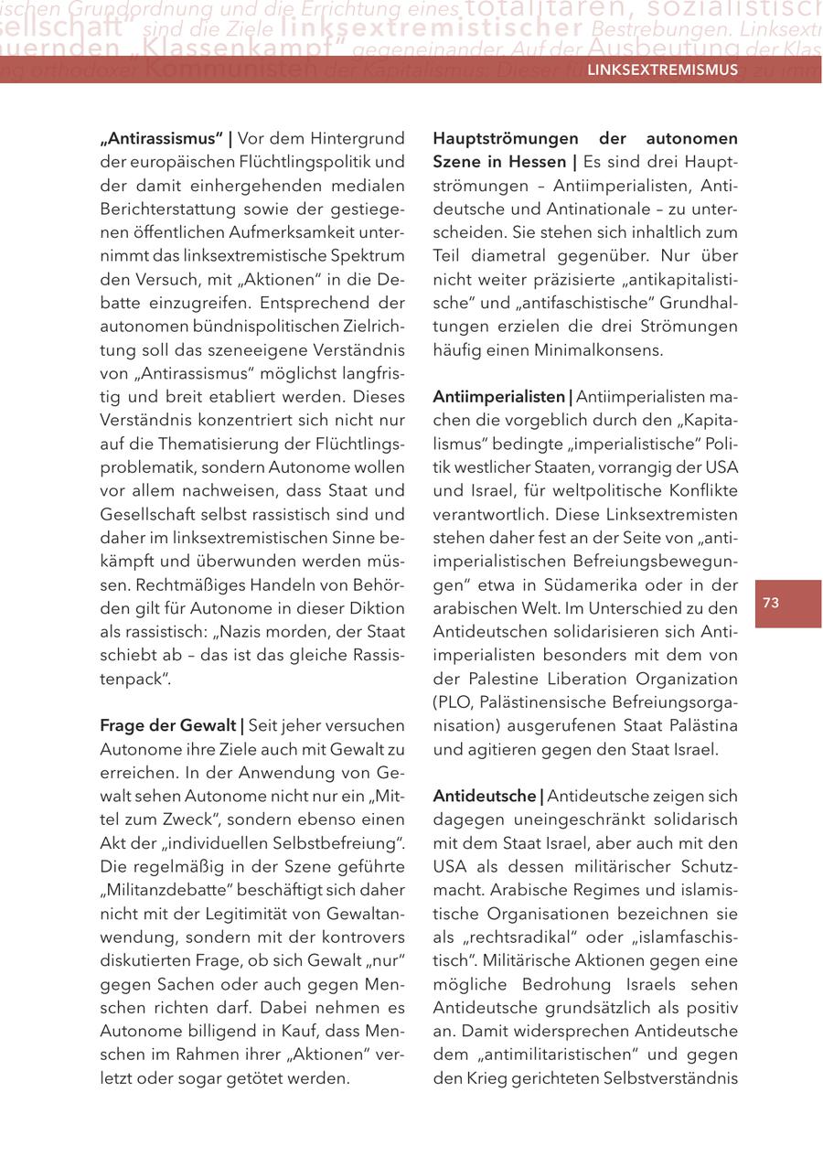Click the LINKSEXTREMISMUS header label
(x=662, y=70)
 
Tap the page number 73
(x=770, y=603)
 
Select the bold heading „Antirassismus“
(x=161, y=139)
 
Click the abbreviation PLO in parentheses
(x=455, y=701)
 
